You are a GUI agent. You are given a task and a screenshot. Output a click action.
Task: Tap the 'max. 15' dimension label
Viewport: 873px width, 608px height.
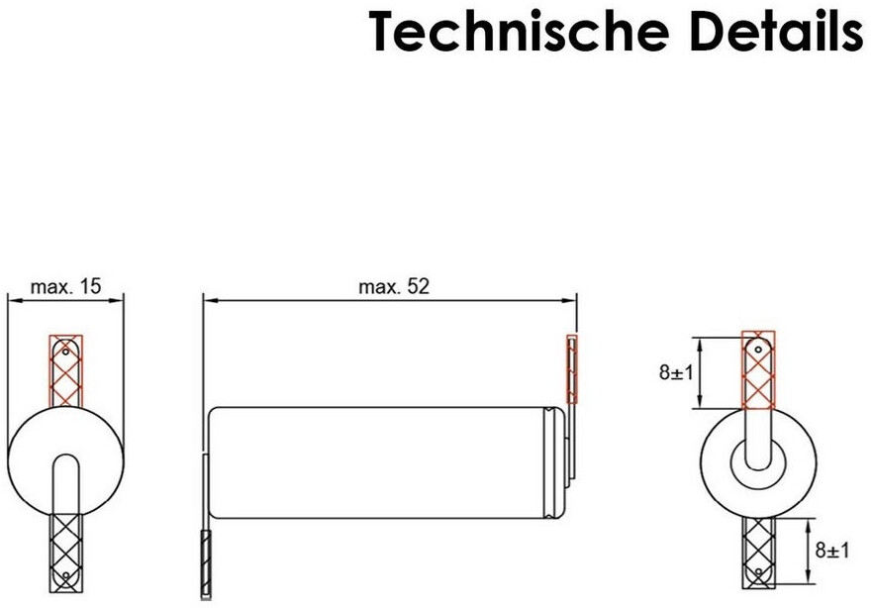pyautogui.click(x=65, y=287)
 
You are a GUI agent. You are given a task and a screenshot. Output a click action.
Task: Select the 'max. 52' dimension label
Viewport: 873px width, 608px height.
pyautogui.click(x=394, y=287)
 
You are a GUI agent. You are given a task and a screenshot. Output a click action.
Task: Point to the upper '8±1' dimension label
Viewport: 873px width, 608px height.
pyautogui.click(x=676, y=372)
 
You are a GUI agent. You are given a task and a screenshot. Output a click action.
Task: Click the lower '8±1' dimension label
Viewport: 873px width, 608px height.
pyautogui.click(x=832, y=551)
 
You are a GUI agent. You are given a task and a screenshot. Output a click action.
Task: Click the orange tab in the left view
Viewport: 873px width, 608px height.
pyautogui.click(x=65, y=370)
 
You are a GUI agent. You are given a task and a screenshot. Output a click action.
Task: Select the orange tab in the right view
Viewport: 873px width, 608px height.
pyautogui.click(x=758, y=369)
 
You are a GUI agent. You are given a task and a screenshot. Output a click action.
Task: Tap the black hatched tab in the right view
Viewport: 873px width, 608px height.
pyautogui.click(x=758, y=553)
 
